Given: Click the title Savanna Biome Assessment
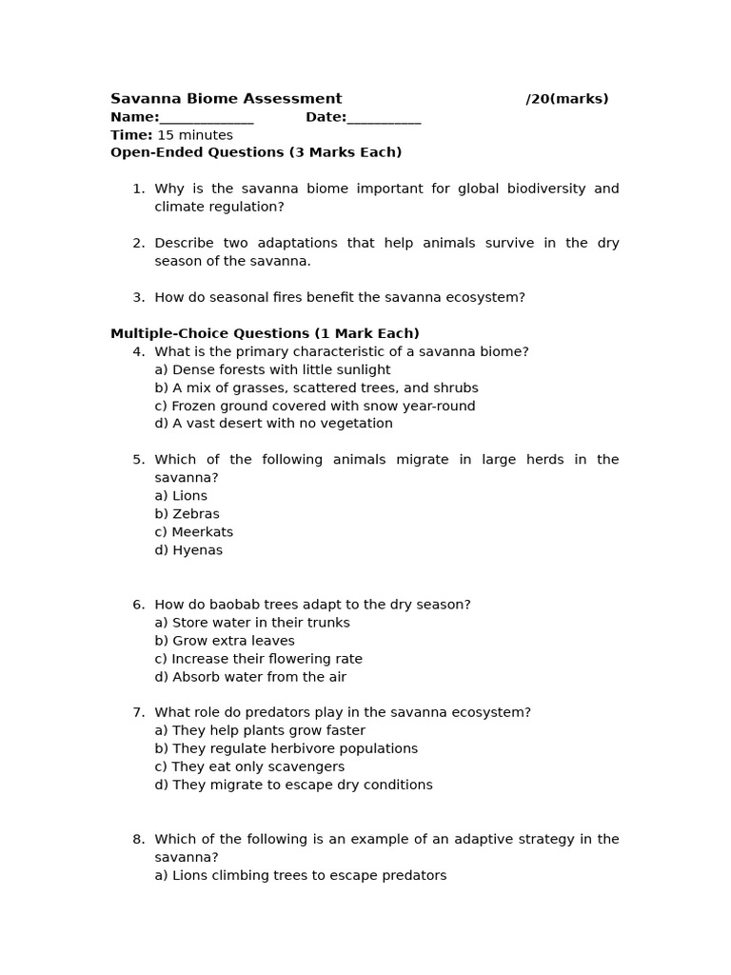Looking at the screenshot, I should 226,99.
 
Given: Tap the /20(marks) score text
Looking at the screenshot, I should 566,99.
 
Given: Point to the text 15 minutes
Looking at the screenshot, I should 194,135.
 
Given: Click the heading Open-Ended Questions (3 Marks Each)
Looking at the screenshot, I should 256,152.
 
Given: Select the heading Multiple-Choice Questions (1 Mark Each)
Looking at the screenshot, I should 265,333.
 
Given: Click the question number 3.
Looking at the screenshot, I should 139,297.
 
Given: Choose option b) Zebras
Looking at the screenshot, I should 187,514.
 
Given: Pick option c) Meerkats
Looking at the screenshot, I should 193,532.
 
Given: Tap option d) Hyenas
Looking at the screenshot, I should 188,550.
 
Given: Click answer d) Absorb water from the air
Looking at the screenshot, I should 250,677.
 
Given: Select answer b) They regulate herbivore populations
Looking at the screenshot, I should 286,748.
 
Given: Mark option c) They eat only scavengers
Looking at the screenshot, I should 249,766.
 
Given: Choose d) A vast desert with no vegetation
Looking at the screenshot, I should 273,424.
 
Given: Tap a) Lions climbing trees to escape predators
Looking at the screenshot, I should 300,875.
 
